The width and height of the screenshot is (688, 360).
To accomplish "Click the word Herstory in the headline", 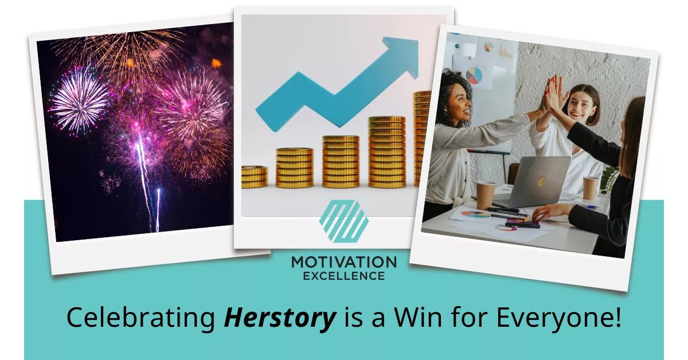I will tap(279, 318).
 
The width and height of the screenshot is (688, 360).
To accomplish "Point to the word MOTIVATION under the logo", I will tap(343, 263).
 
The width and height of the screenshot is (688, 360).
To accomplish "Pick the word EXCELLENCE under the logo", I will tap(343, 276).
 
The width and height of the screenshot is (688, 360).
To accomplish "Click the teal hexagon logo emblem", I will tap(343, 221).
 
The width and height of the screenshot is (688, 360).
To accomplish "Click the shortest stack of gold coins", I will tap(254, 177).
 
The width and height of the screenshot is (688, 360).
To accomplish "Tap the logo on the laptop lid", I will tap(541, 181).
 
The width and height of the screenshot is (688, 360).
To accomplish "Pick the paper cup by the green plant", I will tap(590, 188).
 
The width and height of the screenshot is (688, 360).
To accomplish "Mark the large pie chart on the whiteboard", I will tap(474, 75).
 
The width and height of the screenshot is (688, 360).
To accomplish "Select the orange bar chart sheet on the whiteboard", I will tap(505, 52).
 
